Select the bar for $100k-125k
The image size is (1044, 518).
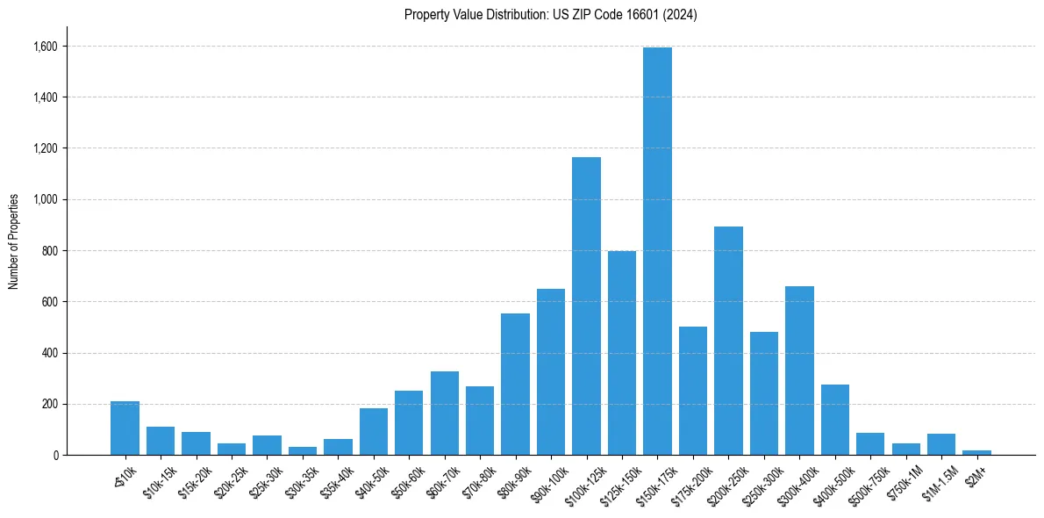pyautogui.click(x=586, y=306)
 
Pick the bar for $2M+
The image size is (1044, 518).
pyautogui.click(x=976, y=452)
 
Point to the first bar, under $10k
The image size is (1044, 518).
pyautogui.click(x=125, y=428)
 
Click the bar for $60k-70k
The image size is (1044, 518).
pyautogui.click(x=445, y=414)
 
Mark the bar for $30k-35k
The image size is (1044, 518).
pyautogui.click(x=303, y=450)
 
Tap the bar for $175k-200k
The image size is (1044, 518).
pyautogui.click(x=693, y=391)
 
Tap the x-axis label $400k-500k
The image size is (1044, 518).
pyautogui.click(x=829, y=483)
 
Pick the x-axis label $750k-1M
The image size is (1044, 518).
pyautogui.click(x=902, y=480)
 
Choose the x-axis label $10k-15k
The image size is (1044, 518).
pyautogui.click(x=157, y=480)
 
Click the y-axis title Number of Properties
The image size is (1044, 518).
pyautogui.click(x=14, y=241)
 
